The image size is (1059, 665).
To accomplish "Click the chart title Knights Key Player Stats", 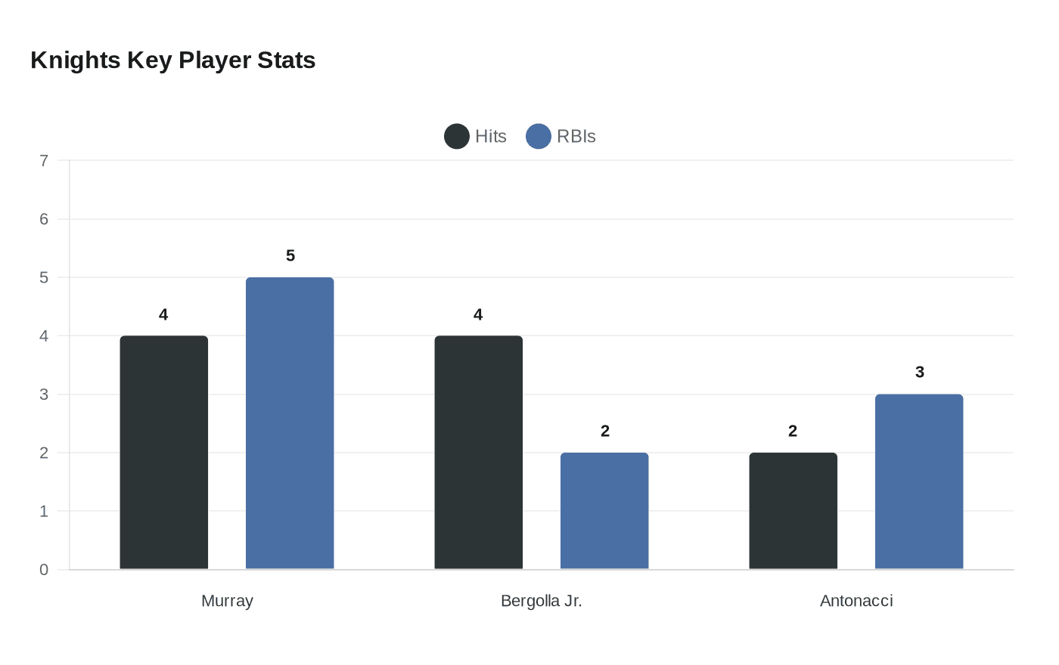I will [x=172, y=60].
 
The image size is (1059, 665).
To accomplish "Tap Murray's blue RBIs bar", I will [x=290, y=423].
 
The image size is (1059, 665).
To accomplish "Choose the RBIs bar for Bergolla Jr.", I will [x=604, y=511].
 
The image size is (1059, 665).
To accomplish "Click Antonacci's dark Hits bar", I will [x=793, y=511].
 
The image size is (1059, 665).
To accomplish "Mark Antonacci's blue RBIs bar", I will [x=919, y=481].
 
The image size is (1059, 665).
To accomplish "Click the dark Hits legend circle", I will [x=457, y=137].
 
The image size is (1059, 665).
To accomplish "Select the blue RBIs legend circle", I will [x=539, y=137].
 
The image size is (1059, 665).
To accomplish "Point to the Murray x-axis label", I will [x=227, y=601].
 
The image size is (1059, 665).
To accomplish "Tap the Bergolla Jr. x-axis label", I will [x=542, y=601].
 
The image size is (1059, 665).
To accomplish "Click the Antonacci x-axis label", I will [x=856, y=601].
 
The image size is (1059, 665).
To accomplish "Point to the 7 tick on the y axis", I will [x=44, y=160].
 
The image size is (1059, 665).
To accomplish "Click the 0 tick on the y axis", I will [x=44, y=570].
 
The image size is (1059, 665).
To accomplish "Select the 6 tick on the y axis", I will [x=44, y=219].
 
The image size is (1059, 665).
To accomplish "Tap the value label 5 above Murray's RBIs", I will [x=290, y=256].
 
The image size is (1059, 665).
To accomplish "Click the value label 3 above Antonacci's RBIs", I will [x=920, y=373].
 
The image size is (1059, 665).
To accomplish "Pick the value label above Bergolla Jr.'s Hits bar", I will [x=478, y=314].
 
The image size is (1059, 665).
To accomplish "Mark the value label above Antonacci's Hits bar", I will [x=793, y=431].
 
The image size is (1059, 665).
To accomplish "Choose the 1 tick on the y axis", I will [x=44, y=512].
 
